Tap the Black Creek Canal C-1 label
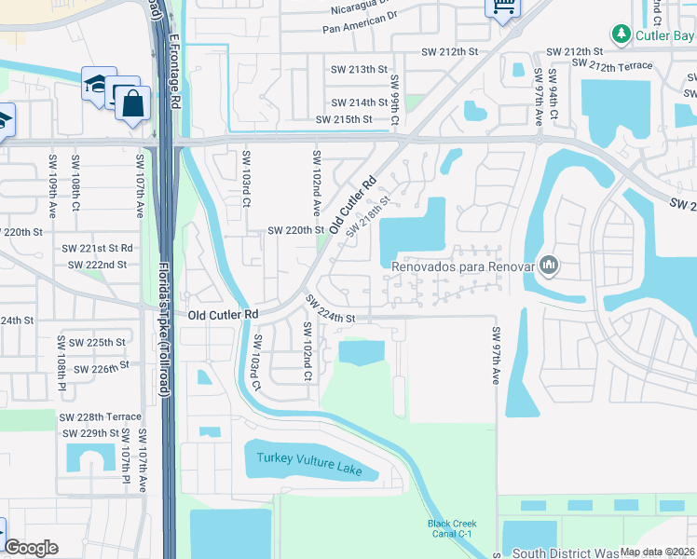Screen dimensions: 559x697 (x=452, y=528)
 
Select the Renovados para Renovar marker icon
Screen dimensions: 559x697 (x=550, y=266)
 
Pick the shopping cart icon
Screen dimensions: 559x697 (x=502, y=8)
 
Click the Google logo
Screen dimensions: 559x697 (x=32, y=547)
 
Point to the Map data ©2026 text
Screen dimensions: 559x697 (x=658, y=552)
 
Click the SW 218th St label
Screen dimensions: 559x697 (x=366, y=217)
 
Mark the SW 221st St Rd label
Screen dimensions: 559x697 (x=97, y=249)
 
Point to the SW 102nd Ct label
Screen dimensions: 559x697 (x=307, y=352)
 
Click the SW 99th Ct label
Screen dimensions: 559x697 (x=394, y=100)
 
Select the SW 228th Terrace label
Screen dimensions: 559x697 (x=100, y=416)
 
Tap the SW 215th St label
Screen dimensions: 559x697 (x=343, y=119)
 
